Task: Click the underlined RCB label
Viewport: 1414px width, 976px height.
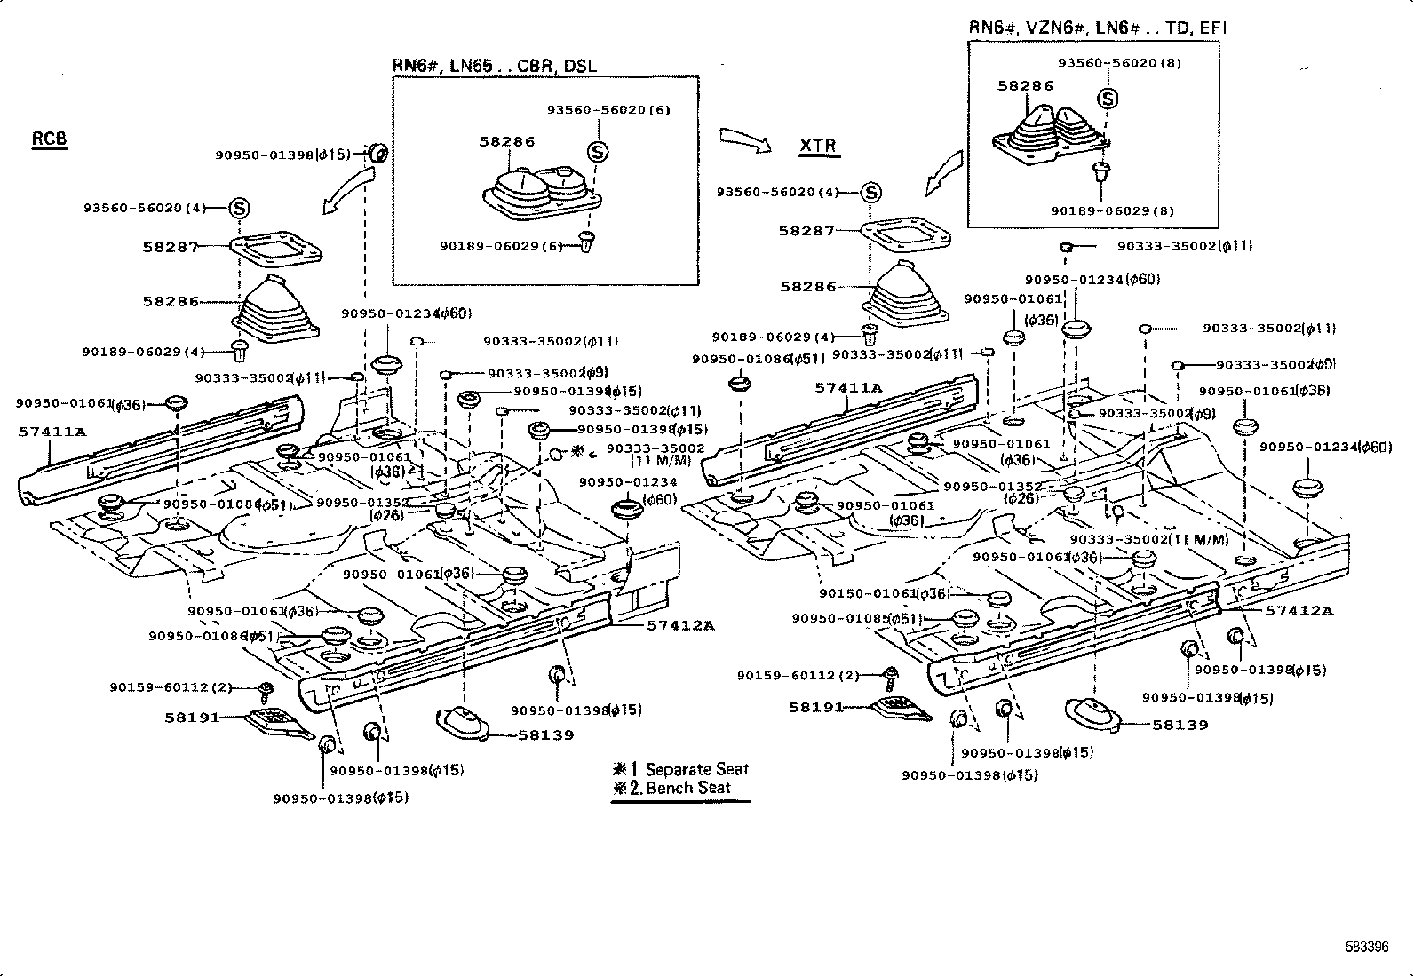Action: (x=50, y=139)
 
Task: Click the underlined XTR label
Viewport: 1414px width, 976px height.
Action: (x=817, y=146)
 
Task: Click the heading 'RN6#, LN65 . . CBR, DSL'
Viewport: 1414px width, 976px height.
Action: (x=495, y=66)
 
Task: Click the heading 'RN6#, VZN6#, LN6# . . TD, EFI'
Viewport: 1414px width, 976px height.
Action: (x=1097, y=28)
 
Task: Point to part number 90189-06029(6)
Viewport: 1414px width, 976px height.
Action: (x=502, y=245)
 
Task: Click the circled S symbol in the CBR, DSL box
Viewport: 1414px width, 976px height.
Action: (x=599, y=152)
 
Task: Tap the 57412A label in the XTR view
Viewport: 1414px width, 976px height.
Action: (x=1299, y=611)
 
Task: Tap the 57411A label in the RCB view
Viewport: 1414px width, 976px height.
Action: (x=52, y=432)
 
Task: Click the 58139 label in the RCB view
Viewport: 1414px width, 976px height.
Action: (x=546, y=734)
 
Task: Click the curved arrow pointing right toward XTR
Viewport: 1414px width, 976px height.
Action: (x=745, y=138)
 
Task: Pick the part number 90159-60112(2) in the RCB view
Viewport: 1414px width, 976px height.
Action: (x=171, y=687)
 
